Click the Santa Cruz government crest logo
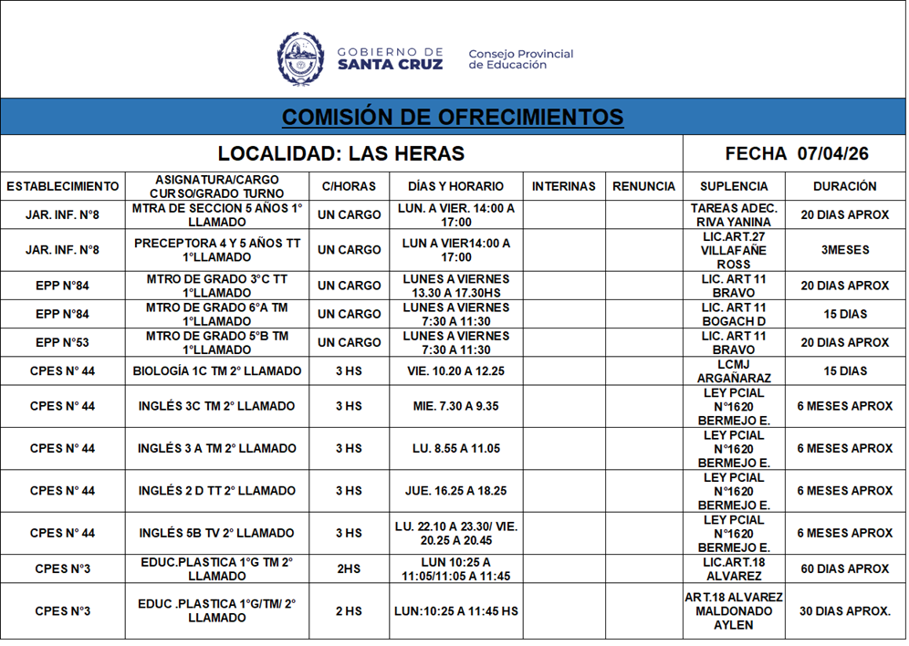300,59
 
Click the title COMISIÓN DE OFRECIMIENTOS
453,117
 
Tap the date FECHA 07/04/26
796,153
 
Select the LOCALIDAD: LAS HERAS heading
341,153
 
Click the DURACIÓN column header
844,186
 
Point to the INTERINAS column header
563,186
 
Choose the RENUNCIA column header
643,186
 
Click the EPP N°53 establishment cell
62,343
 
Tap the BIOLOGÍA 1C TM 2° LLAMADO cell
217,371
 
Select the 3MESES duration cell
844,250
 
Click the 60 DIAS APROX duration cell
844,569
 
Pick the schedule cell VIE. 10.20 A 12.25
456,371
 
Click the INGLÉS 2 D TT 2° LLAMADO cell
217,491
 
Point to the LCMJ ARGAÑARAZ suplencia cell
734,371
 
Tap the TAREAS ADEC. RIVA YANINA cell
734,215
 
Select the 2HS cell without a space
349,569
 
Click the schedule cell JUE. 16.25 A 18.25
456,491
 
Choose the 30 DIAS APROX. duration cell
844,611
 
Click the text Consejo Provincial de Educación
520,59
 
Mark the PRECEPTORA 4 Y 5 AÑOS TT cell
217,250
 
